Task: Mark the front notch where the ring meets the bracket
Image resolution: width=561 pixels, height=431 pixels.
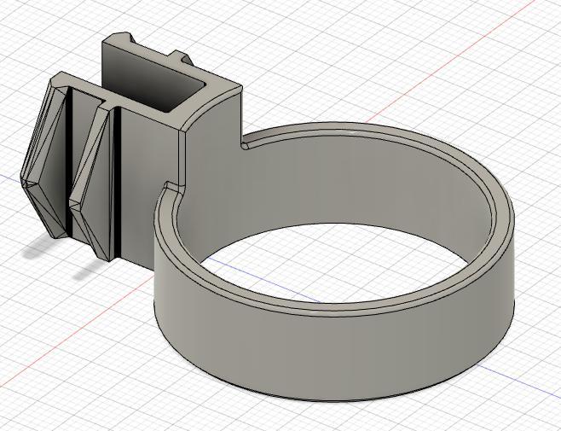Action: pos(171,186)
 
